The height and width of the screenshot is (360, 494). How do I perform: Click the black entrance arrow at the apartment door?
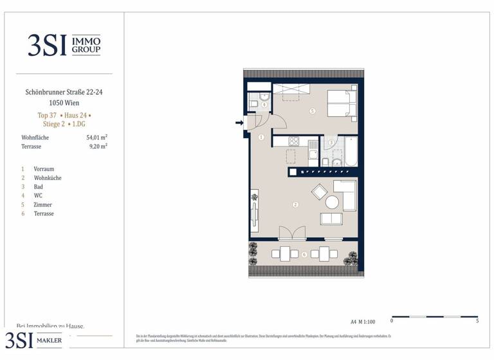(x=239, y=123)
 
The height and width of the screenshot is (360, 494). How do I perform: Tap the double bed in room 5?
(x=341, y=103)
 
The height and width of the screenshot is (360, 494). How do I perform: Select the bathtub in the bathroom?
(x=351, y=152)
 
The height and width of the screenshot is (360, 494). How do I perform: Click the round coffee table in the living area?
(x=332, y=202)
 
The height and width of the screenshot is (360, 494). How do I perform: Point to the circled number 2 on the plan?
(x=295, y=205)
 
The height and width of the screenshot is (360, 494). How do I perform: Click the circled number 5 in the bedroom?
(x=312, y=111)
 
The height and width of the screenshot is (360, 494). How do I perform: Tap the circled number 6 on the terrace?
(x=304, y=254)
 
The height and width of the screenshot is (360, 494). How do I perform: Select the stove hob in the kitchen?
(x=294, y=142)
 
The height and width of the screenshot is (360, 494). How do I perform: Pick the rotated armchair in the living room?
(x=319, y=192)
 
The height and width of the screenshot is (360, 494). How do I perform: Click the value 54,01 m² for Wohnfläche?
(x=96, y=137)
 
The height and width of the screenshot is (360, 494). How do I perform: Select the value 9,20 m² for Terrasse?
(x=98, y=146)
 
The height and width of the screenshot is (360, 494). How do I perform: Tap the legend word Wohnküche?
(x=48, y=177)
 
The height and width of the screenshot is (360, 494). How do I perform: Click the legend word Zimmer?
(x=43, y=204)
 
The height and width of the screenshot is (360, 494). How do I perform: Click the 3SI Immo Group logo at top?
(x=64, y=44)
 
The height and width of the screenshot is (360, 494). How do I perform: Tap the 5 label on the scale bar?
(x=477, y=320)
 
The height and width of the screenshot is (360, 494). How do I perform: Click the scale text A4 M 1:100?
(x=363, y=321)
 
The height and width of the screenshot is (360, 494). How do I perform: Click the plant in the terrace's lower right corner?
(x=351, y=259)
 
